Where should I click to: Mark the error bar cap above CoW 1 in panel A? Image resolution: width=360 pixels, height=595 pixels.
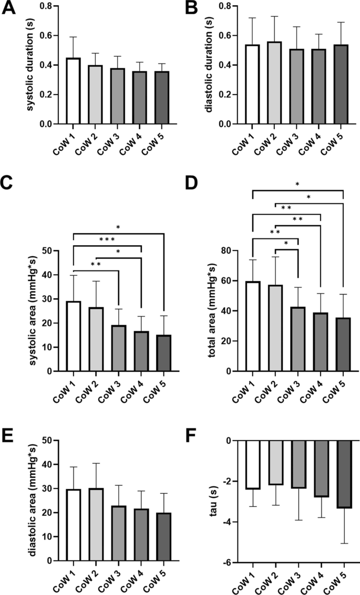coord(73,37)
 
